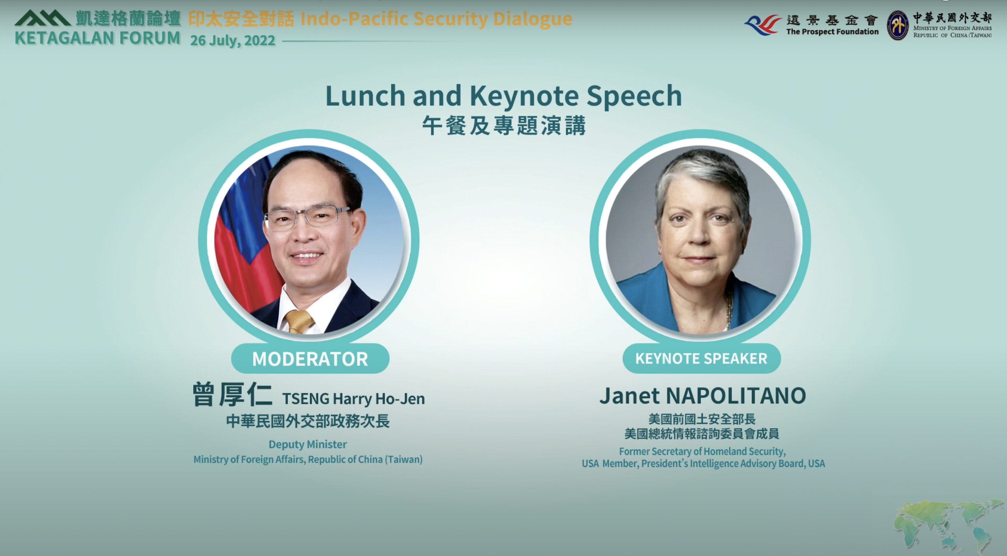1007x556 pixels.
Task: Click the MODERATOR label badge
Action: (x=310, y=359)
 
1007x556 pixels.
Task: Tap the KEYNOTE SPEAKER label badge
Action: (x=701, y=358)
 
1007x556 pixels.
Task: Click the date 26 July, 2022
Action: (x=232, y=41)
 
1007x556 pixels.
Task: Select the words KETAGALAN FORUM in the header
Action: (x=98, y=38)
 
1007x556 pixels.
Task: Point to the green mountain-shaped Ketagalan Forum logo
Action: (x=42, y=18)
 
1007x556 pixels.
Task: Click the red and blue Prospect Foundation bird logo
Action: (x=762, y=25)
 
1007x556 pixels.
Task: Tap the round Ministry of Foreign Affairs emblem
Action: (x=897, y=25)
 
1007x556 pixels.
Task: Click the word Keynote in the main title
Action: (x=524, y=96)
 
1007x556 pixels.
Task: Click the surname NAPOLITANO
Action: (x=736, y=396)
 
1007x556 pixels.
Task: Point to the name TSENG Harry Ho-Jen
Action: (x=353, y=399)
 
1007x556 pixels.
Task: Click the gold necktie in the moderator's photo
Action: (x=299, y=321)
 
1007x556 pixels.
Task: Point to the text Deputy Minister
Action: (x=308, y=444)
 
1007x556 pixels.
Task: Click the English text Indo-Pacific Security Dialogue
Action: (x=436, y=19)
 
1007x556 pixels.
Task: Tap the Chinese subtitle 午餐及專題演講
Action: (x=504, y=126)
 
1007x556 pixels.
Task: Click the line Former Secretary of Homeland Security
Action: (x=702, y=451)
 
